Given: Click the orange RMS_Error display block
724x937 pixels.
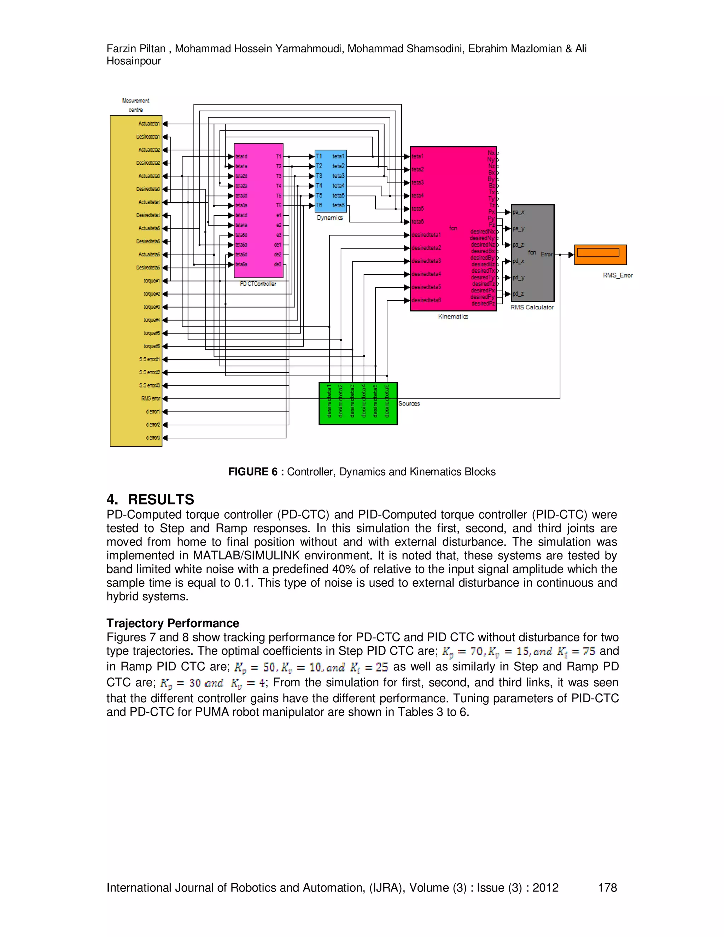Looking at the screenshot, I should tap(600, 255).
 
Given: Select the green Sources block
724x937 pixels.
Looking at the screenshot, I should tap(358, 403).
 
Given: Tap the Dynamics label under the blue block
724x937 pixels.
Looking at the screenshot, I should tap(330, 217).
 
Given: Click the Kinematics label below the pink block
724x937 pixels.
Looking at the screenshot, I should tap(453, 316).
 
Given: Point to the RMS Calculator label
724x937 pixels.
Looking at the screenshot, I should tap(532, 307).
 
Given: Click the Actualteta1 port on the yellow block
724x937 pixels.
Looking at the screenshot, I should tap(149, 123).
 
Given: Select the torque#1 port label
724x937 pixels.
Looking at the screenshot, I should tap(151, 281).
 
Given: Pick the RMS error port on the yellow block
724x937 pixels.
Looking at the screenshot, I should tap(151, 398).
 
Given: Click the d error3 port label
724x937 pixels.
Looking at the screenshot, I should tap(153, 438).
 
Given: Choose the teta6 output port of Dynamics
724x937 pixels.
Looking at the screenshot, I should tap(338, 205).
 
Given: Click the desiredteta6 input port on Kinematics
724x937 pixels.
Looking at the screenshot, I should tap(426, 300).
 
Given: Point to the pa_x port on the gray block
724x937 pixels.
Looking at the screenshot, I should tap(518, 212).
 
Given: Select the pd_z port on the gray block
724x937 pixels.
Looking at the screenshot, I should tap(518, 294).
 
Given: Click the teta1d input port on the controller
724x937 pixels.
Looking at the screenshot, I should tap(241, 157).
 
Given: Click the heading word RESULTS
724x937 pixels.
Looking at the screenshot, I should tap(161, 499).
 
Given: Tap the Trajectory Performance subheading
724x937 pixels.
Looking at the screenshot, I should tap(173, 623).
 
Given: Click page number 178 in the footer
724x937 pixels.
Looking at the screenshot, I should tap(607, 887).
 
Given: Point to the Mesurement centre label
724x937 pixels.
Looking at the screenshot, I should tap(135, 105).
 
